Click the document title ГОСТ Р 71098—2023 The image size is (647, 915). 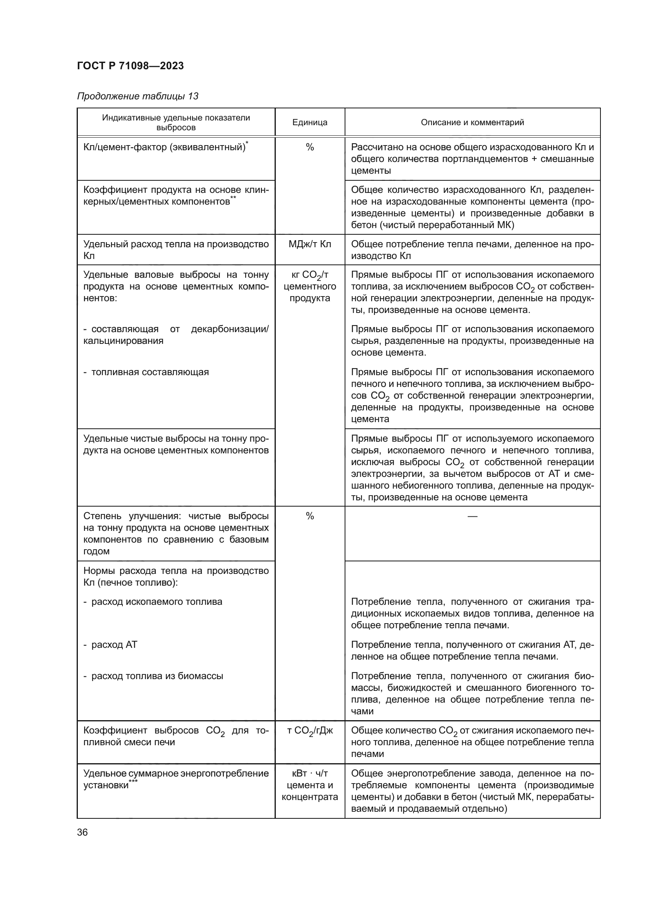[x=130, y=66]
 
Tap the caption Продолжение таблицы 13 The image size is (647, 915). [x=137, y=96]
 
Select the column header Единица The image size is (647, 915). [x=309, y=122]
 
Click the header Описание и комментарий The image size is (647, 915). [x=472, y=122]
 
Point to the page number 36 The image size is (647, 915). [x=83, y=832]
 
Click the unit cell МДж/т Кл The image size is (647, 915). [x=309, y=244]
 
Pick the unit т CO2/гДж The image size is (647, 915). [x=309, y=731]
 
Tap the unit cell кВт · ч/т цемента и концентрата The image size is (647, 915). [x=309, y=785]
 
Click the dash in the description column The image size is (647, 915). [x=472, y=516]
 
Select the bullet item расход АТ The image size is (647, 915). [x=114, y=645]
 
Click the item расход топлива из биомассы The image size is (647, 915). [x=157, y=676]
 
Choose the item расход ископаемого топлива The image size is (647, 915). [x=156, y=602]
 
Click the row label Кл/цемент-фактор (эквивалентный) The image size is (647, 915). [x=164, y=147]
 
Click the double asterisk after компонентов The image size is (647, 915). [x=233, y=199]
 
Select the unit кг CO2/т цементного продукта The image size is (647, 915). [x=309, y=286]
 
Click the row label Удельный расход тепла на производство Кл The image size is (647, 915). [x=176, y=250]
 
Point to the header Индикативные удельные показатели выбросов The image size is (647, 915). [x=176, y=122]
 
